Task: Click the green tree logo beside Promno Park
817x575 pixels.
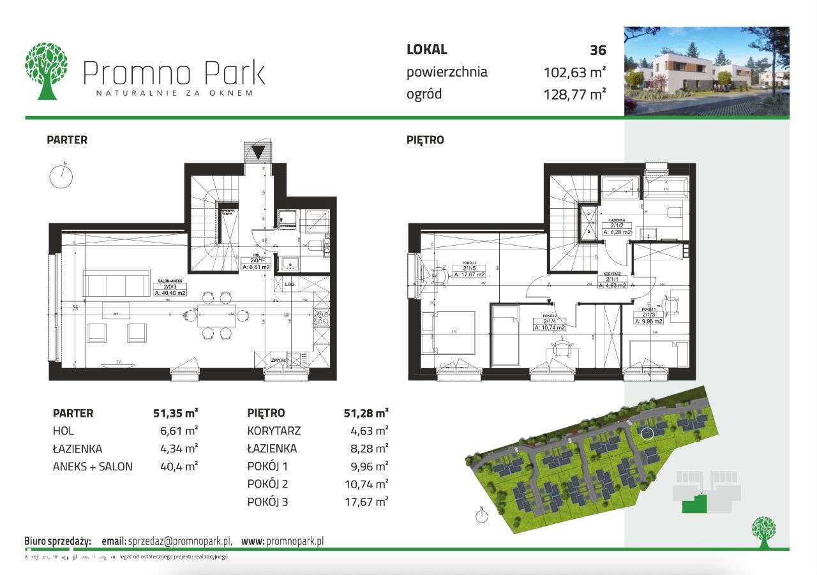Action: click(46, 71)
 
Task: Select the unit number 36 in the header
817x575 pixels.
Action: click(598, 50)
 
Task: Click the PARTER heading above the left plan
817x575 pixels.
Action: click(67, 140)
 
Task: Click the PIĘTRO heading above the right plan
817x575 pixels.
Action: click(425, 140)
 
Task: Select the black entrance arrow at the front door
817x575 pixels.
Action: click(259, 153)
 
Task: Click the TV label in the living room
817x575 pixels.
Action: click(119, 362)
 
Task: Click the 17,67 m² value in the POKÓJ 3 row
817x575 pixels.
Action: click(365, 502)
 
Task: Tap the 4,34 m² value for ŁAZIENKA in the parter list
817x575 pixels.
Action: click(179, 449)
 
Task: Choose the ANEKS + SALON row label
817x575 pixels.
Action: click(93, 467)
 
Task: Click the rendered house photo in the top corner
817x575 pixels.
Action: click(707, 71)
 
